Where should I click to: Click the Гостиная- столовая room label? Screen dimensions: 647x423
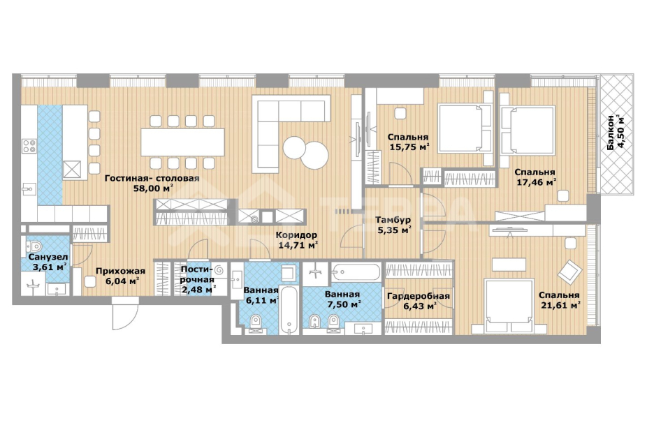[x=152, y=178]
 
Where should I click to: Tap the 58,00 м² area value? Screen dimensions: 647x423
[x=153, y=188]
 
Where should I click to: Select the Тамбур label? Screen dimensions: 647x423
[x=393, y=220]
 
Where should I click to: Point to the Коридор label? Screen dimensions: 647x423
[x=296, y=235]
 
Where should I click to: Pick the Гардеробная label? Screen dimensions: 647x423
[x=419, y=295]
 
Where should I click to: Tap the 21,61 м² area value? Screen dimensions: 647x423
[x=560, y=306]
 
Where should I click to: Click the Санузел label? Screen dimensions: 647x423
[x=48, y=257]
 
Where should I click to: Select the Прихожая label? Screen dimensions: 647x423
[x=120, y=271]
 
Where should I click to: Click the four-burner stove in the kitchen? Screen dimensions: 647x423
[x=29, y=147]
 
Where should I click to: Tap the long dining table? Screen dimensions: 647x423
[x=183, y=142]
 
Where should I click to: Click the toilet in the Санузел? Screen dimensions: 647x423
[x=33, y=246]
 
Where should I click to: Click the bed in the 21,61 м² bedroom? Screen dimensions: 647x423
[x=509, y=306]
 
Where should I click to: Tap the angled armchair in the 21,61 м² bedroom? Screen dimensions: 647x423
[x=570, y=272]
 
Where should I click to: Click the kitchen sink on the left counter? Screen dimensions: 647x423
[x=29, y=189]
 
